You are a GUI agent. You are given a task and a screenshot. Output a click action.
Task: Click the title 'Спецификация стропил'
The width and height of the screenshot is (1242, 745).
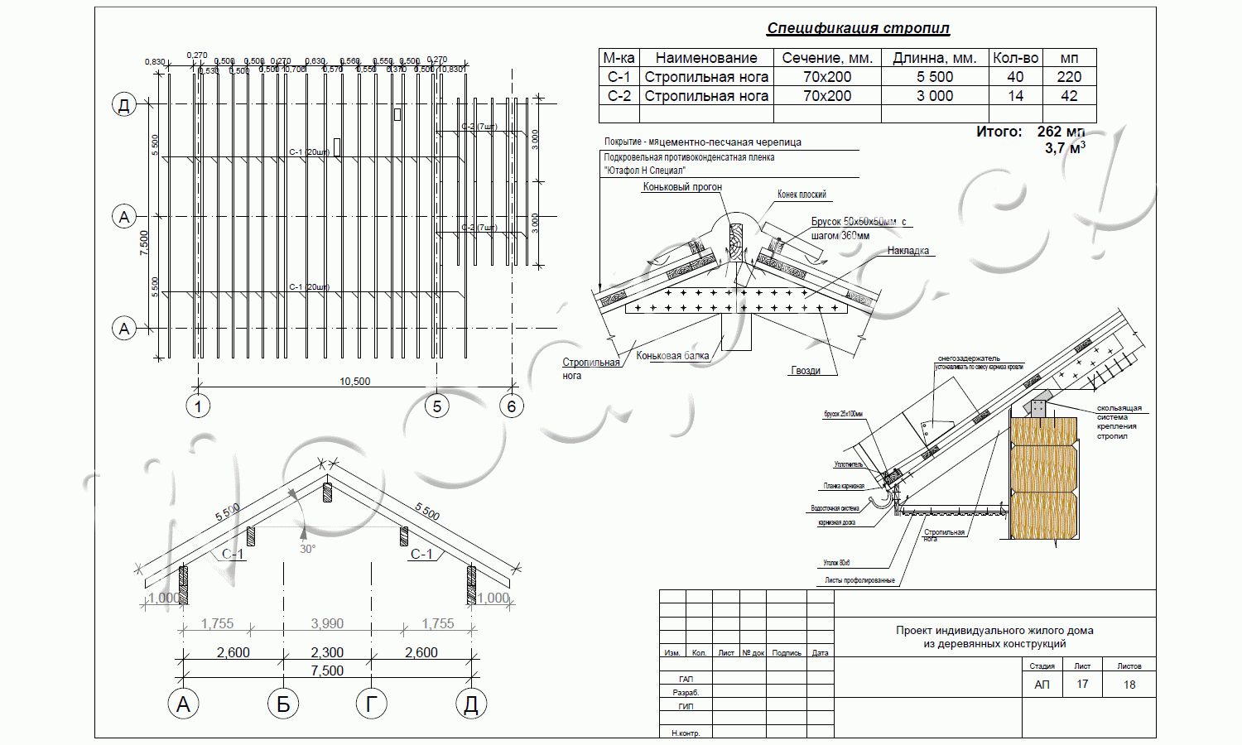click(x=858, y=29)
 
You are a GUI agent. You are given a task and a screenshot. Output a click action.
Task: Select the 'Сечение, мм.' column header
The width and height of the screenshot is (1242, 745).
click(x=827, y=58)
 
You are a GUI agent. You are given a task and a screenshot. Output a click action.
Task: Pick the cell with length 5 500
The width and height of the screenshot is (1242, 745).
click(x=934, y=77)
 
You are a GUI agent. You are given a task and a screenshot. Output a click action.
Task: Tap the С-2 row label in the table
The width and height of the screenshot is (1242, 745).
click(x=619, y=96)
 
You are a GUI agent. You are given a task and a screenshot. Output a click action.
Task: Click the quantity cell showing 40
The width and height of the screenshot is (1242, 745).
click(x=1015, y=77)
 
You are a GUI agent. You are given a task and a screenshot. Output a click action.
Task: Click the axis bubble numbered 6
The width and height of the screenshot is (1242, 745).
click(x=512, y=406)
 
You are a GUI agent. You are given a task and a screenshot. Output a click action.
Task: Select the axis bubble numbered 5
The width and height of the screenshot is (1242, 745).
click(x=436, y=406)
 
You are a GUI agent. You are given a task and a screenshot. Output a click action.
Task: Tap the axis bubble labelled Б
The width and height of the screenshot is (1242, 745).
click(x=283, y=704)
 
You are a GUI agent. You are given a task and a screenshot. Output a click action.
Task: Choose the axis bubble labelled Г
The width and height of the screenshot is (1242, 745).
click(x=371, y=704)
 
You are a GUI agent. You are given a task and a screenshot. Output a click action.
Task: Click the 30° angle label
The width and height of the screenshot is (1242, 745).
click(x=307, y=549)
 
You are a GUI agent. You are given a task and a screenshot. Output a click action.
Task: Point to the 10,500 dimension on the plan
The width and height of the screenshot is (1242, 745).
click(x=354, y=382)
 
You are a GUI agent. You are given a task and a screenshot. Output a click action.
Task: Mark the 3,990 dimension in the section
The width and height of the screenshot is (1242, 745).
click(x=327, y=624)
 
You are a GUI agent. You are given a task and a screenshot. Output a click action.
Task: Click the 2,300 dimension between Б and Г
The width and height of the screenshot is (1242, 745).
click(x=327, y=653)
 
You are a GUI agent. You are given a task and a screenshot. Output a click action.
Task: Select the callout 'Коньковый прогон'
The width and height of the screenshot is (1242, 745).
click(x=682, y=187)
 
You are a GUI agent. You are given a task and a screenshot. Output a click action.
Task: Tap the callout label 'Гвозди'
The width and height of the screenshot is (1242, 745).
click(x=805, y=371)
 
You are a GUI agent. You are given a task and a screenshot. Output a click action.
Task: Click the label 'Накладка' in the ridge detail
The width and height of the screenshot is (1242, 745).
click(x=907, y=251)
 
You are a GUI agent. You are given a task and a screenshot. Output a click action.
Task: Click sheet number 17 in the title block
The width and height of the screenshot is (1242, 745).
click(x=1082, y=685)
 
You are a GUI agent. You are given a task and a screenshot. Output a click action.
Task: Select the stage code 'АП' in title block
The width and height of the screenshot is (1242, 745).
click(x=1042, y=685)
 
